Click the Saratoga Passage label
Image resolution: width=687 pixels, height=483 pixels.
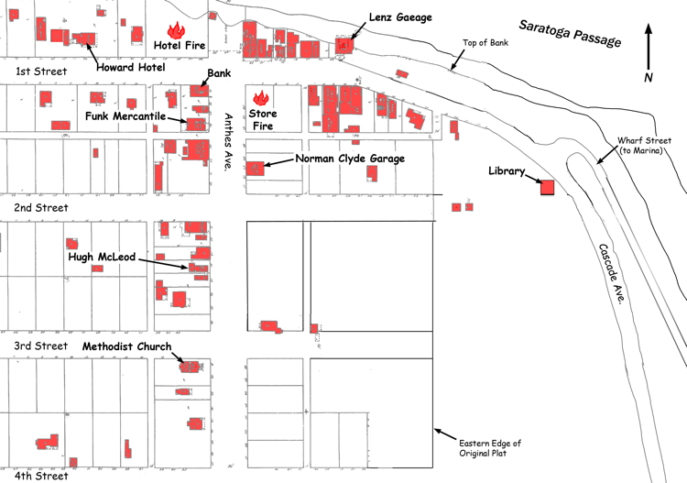point(570,33)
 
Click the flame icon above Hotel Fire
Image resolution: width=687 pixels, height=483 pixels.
point(176,30)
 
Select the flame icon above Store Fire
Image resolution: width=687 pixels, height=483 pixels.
point(261,98)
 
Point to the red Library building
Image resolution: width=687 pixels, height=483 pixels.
point(547,187)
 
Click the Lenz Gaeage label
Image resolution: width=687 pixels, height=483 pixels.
point(400,17)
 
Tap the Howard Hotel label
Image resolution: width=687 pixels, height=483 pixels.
point(131,67)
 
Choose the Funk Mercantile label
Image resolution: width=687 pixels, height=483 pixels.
point(125,116)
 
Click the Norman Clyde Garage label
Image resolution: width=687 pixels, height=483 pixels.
point(350,159)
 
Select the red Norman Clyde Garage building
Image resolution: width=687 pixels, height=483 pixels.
point(255,169)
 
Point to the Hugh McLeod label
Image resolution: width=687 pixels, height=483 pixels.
point(102,257)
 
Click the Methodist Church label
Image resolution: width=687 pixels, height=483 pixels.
point(126,346)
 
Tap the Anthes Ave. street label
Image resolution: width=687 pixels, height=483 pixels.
point(228,141)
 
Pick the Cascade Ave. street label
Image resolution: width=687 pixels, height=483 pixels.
point(612,274)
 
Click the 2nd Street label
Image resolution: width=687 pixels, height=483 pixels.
point(40,208)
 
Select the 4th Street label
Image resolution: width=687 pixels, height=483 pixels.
point(41,476)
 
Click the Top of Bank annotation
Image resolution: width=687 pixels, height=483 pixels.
point(485,42)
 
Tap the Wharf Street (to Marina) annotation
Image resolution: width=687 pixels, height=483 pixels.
point(644,146)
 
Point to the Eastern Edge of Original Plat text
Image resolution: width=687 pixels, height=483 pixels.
point(490,448)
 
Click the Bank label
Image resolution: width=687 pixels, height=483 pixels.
point(219,73)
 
